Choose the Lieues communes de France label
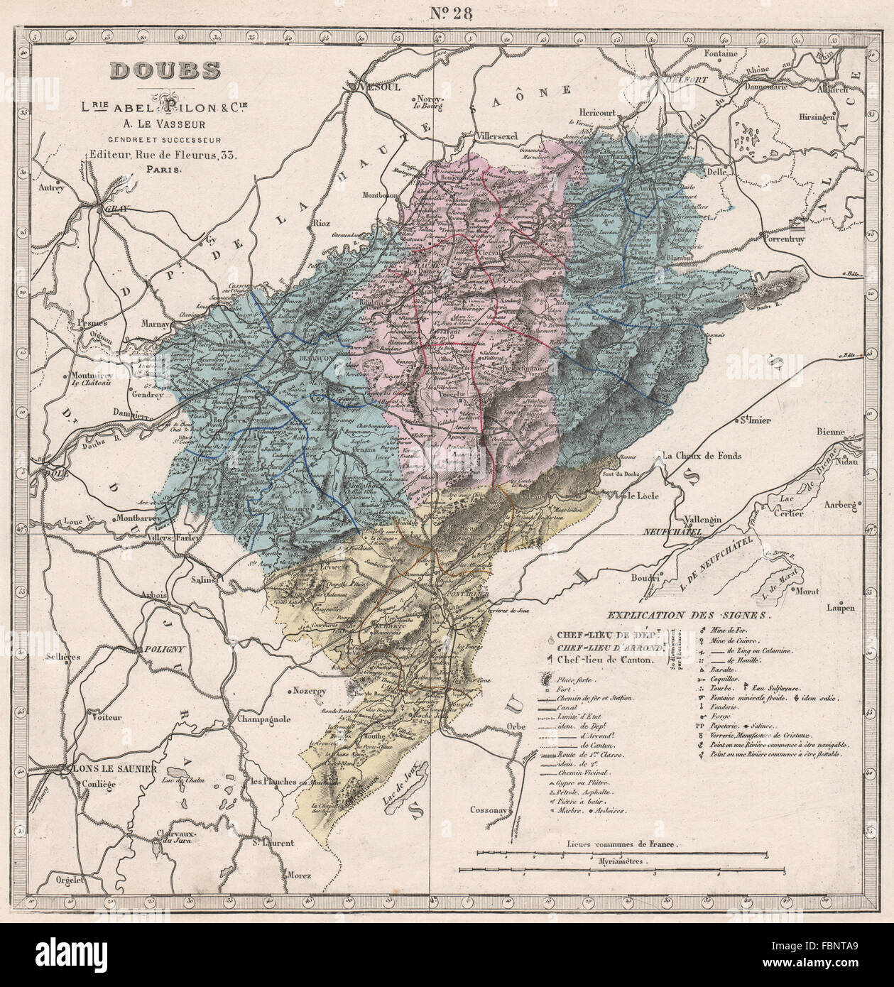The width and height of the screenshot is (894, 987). (622, 845)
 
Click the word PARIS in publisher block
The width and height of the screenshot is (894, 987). (164, 170)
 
